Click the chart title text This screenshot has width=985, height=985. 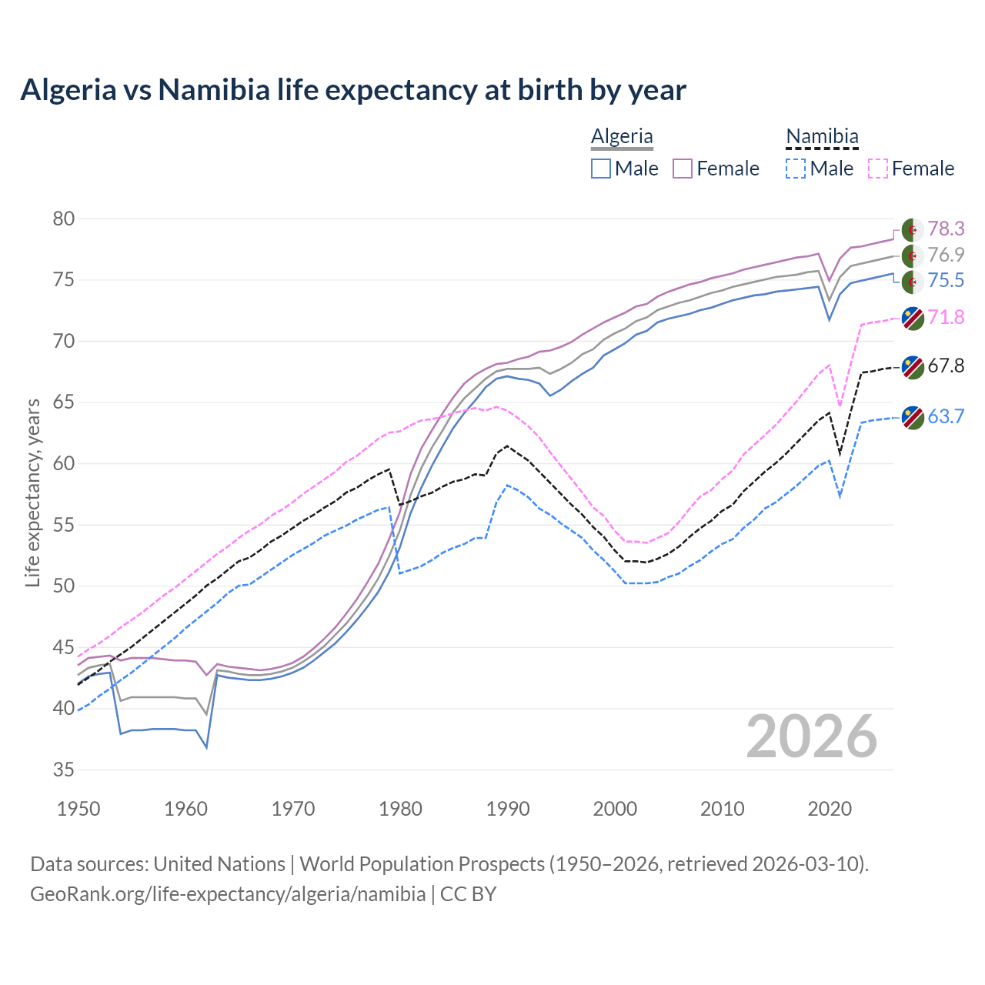pos(352,90)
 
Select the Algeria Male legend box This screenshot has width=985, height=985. pos(601,169)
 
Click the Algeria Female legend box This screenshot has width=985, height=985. pos(683,169)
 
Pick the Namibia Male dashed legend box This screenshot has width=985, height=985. pos(796,169)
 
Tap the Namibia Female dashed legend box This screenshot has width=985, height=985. pos(877,169)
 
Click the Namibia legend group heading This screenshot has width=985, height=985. pos(822,136)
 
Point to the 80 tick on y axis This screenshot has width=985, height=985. pos(64,219)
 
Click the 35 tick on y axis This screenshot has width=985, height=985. pos(64,770)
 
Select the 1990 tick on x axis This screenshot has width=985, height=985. pos(508,809)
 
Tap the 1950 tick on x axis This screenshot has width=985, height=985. pos(78,809)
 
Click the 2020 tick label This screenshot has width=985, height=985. pos(830,809)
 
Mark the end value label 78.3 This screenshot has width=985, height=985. pos(946,229)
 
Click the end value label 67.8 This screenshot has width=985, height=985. pos(946,366)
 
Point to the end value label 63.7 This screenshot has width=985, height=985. pos(946,416)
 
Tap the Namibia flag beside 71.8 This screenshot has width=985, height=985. pos(913,318)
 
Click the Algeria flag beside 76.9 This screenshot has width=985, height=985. pos(913,255)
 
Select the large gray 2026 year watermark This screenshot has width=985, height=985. pos(812,736)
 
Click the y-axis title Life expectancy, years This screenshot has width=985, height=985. pos(32,492)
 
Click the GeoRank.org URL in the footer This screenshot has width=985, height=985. pos(228,894)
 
